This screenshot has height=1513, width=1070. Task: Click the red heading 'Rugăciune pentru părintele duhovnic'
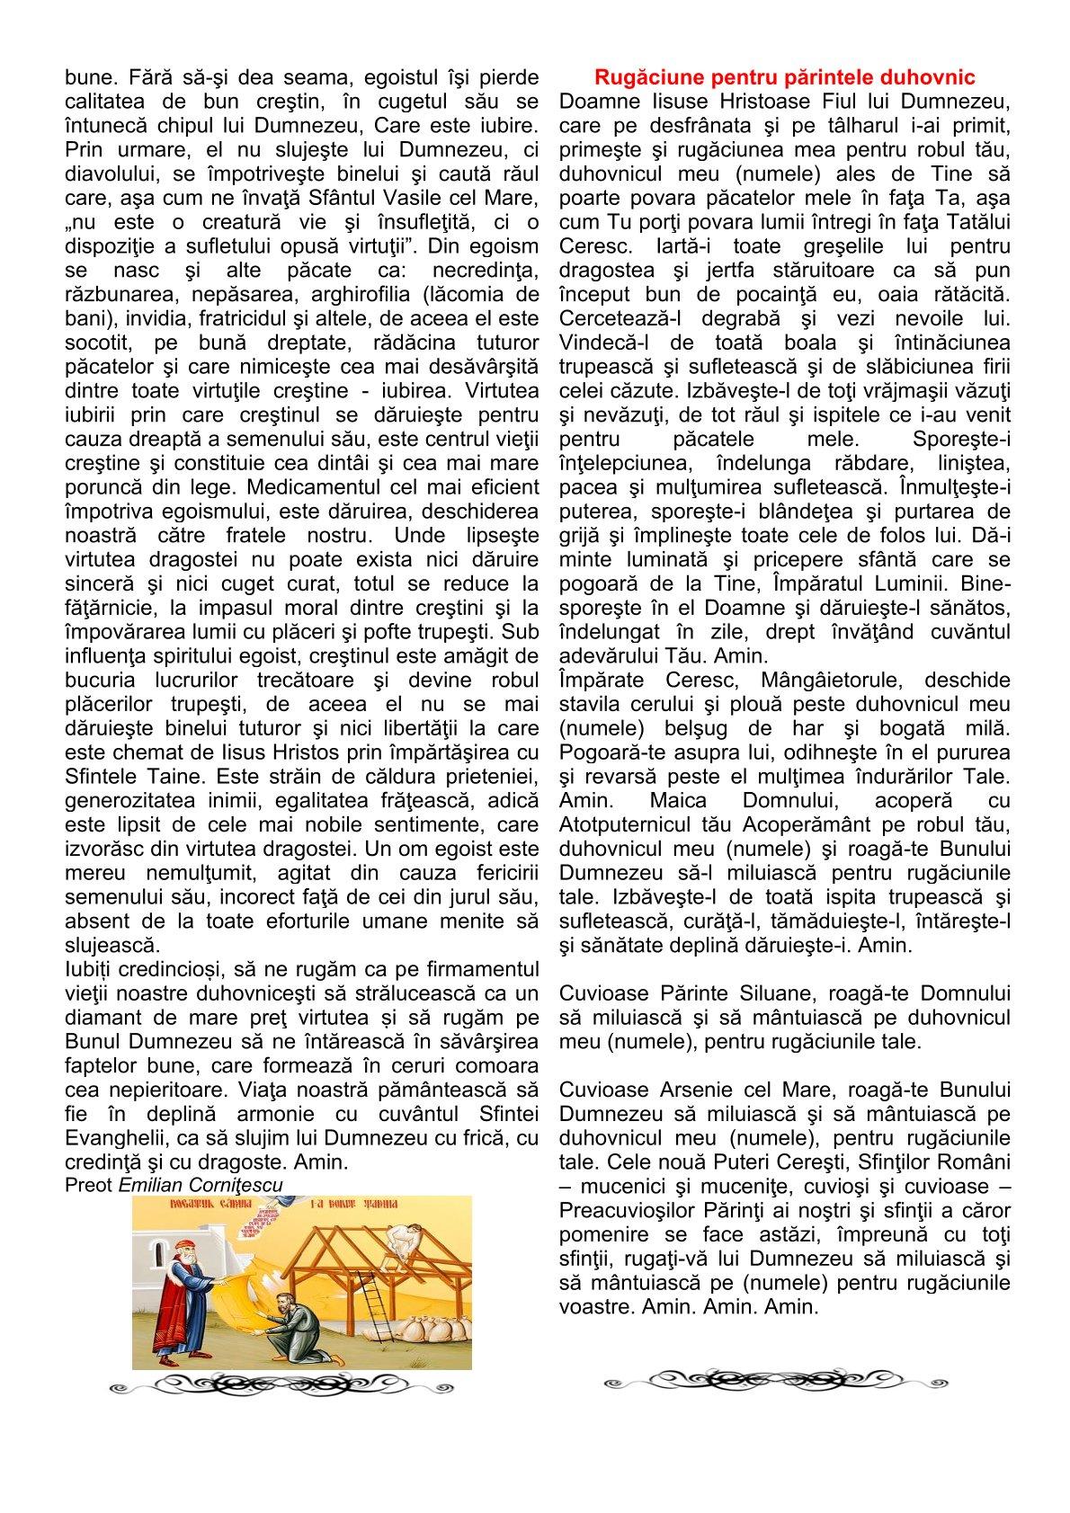click(784, 77)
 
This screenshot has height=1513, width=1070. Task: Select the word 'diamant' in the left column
click(103, 1018)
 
